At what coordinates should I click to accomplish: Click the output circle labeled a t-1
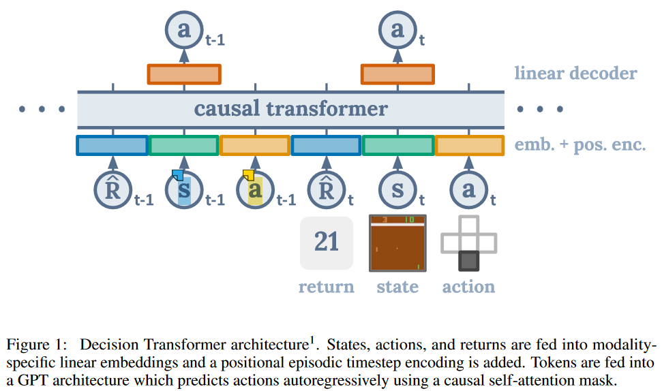click(x=184, y=29)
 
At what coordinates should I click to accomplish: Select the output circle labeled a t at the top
click(x=397, y=29)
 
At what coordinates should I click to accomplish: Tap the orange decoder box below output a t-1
click(x=184, y=74)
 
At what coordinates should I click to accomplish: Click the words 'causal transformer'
click(x=290, y=108)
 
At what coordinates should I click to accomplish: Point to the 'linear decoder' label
click(x=575, y=74)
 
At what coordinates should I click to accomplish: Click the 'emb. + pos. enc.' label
click(x=580, y=144)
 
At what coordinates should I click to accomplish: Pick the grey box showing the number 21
click(x=327, y=243)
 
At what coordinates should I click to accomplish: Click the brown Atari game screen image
click(x=397, y=243)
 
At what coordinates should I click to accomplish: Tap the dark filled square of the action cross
click(x=468, y=261)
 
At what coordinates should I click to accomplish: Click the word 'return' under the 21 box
click(x=327, y=287)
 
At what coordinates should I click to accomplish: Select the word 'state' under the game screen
click(x=397, y=287)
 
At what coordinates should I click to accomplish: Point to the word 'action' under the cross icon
click(x=468, y=287)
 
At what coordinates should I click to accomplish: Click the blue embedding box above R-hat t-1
click(x=112, y=145)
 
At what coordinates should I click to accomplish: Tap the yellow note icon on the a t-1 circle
click(x=249, y=175)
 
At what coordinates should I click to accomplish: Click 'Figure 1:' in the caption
click(x=31, y=343)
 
